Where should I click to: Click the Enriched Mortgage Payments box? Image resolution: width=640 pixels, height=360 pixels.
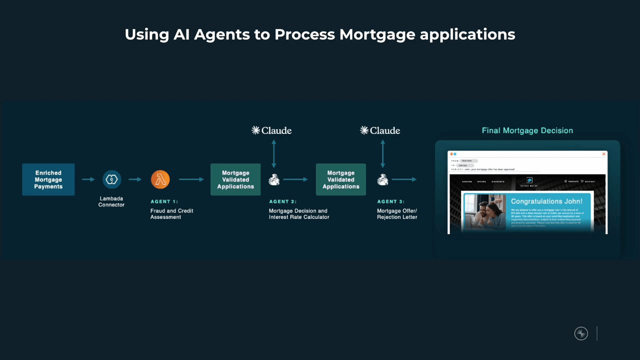[48, 179]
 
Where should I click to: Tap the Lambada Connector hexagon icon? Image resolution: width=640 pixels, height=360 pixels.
[111, 179]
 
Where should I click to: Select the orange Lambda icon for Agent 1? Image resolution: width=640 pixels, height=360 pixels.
[160, 179]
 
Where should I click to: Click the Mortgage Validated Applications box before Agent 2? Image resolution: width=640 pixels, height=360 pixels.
[235, 179]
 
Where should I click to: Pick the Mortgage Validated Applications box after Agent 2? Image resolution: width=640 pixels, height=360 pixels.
[341, 179]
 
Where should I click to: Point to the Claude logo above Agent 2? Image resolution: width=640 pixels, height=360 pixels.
[271, 130]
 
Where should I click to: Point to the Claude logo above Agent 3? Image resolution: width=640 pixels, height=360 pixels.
[380, 130]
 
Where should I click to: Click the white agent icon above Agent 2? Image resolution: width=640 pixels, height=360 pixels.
[274, 179]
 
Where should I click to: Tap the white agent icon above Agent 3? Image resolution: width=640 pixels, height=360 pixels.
[382, 179]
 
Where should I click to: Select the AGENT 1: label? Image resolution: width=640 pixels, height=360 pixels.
[164, 201]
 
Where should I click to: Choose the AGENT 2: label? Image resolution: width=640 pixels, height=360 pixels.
[283, 201]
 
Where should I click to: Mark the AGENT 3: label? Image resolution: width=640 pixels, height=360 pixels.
[391, 201]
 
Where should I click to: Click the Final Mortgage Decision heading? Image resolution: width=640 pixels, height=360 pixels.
[527, 130]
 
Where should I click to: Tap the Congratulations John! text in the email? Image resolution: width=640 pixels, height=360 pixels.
[546, 201]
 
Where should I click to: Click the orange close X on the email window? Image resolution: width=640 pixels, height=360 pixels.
[603, 154]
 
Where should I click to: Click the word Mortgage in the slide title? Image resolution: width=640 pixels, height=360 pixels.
[377, 34]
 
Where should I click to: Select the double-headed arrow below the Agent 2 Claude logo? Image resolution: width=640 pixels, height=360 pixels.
[274, 153]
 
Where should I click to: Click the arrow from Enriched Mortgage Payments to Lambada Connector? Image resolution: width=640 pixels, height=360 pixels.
[88, 179]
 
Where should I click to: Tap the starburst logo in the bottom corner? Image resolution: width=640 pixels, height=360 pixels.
[581, 333]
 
